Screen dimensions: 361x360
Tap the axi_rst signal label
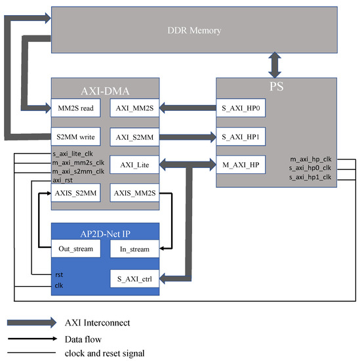(x=62, y=179)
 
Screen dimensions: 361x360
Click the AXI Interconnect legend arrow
(x=33, y=322)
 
